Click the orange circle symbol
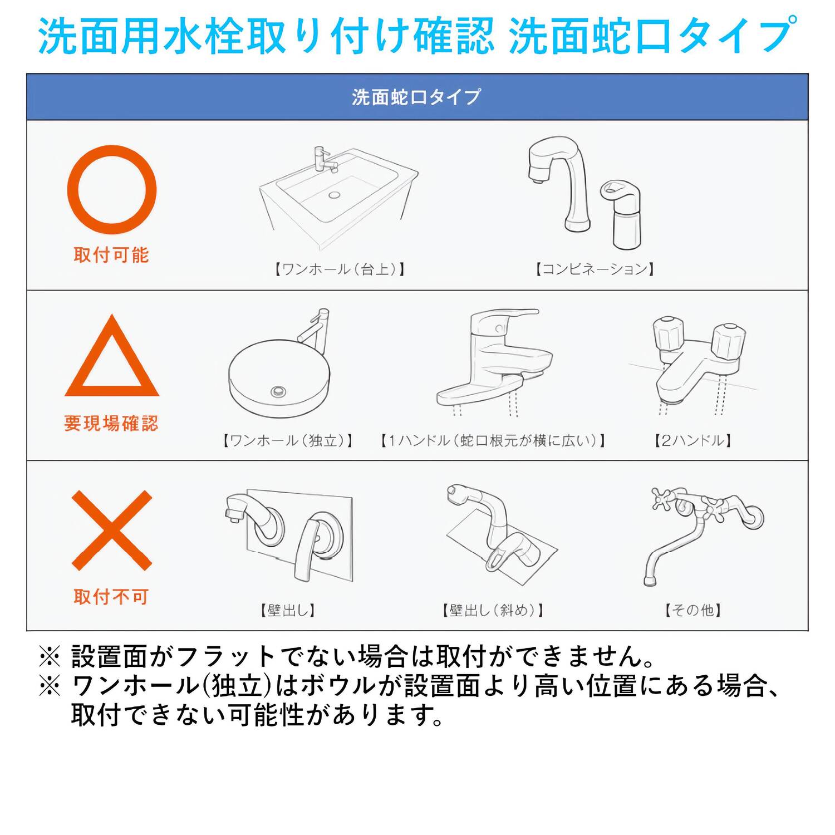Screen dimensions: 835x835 pos(111,190)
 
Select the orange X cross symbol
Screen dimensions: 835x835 pos(112,530)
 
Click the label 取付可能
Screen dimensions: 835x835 pos(111,255)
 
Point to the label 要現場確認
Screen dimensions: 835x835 pos(111,424)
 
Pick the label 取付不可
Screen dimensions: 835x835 pos(111,597)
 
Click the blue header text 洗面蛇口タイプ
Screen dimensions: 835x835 pos(416,97)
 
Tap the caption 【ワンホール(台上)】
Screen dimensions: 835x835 pos(340,269)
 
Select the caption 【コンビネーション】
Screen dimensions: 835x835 pos(595,269)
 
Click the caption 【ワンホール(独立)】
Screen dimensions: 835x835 pos(288,441)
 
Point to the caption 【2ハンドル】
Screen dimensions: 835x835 pos(693,441)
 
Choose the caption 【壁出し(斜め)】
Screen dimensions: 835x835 pos(493,611)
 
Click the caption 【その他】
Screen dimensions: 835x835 pos(693,611)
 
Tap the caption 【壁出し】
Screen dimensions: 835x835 pos(288,611)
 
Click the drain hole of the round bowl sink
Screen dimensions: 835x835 pos(279,391)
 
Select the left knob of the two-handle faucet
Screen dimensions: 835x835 pos(667,333)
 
